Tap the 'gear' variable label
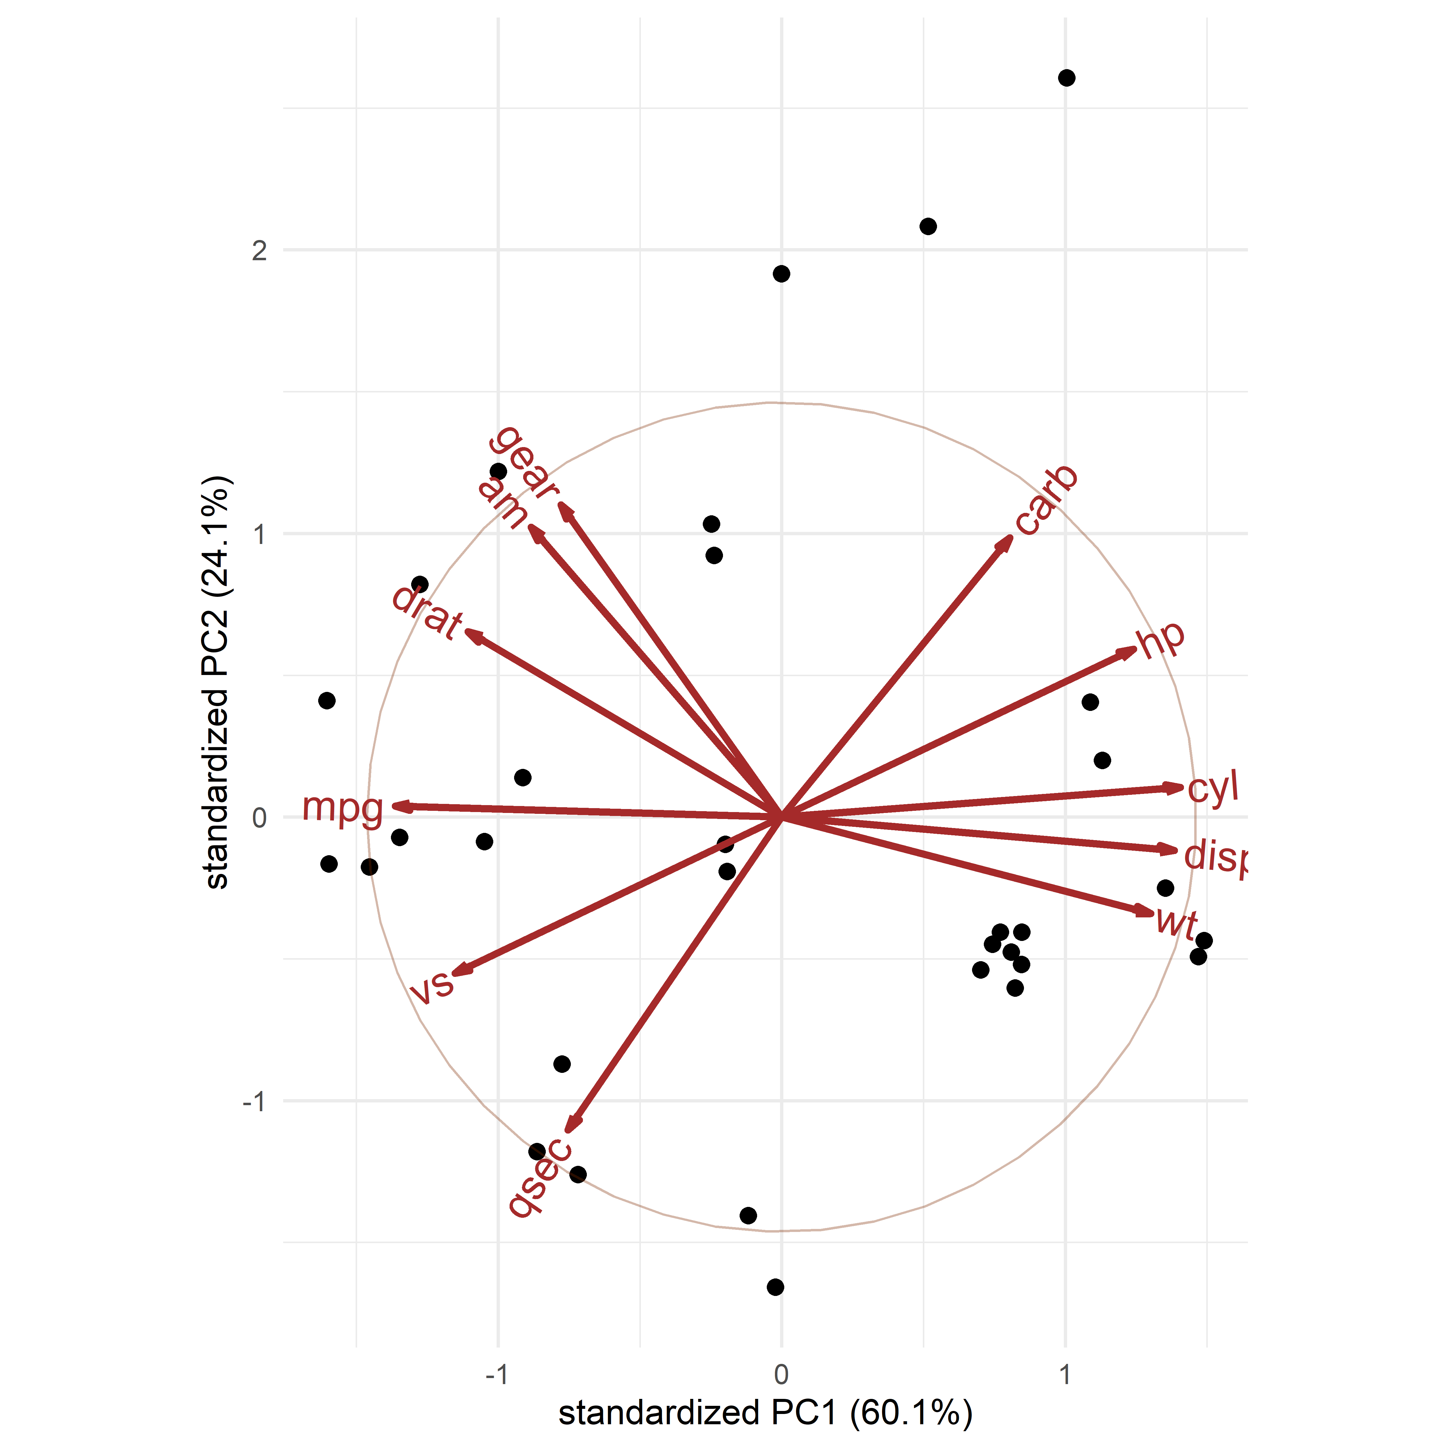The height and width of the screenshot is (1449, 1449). click(523, 461)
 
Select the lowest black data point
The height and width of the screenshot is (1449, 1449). click(776, 1287)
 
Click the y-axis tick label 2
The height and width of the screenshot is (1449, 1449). click(259, 251)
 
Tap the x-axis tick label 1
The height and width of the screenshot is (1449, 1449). click(1064, 1375)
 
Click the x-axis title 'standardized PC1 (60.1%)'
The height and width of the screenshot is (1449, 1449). click(765, 1413)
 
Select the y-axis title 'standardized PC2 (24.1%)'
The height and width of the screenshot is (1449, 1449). click(217, 683)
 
